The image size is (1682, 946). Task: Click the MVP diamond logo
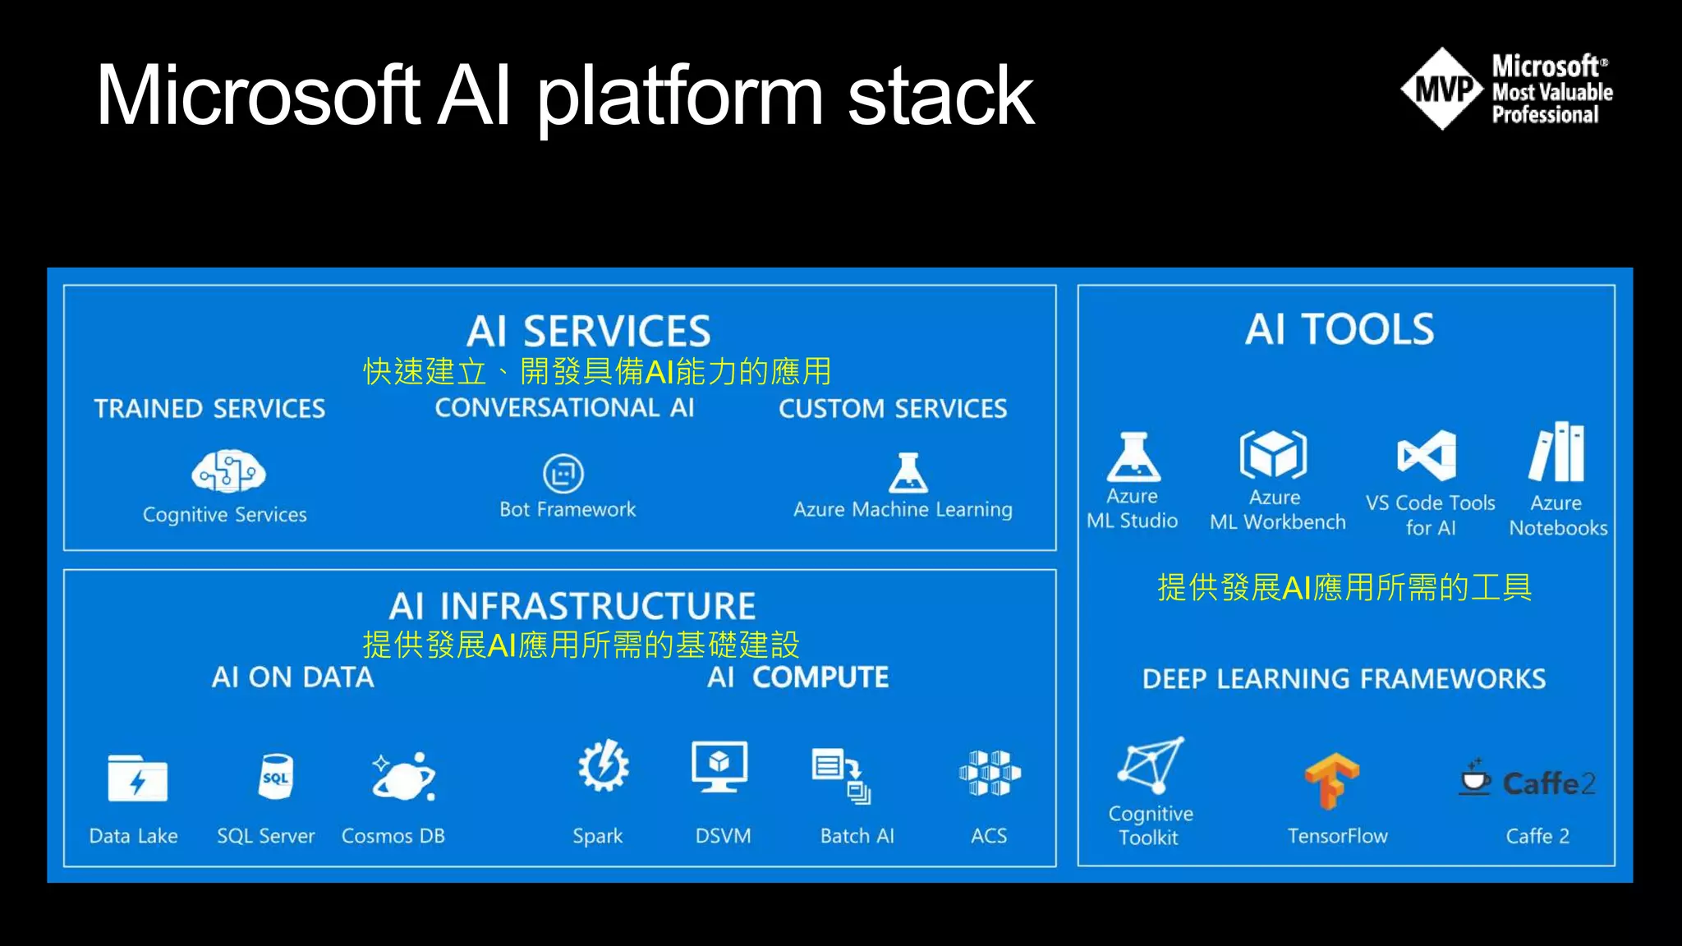(1443, 89)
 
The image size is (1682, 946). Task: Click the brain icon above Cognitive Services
(228, 471)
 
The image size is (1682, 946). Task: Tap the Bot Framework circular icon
(563, 474)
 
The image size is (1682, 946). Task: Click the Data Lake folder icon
(137, 778)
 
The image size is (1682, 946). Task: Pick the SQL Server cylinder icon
(275, 776)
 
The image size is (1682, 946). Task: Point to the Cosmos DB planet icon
(403, 777)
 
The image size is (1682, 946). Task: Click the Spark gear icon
(604, 765)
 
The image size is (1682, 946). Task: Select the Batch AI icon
(840, 774)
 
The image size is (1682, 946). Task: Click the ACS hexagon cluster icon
(990, 773)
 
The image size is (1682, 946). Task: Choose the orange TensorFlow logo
(1332, 780)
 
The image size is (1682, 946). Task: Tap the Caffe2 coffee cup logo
(1476, 777)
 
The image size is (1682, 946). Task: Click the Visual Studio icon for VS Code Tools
(1427, 455)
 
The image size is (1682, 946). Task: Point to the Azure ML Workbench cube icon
(1273, 453)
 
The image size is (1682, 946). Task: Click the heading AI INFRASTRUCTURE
(572, 607)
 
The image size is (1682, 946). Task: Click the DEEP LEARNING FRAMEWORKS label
(1344, 679)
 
